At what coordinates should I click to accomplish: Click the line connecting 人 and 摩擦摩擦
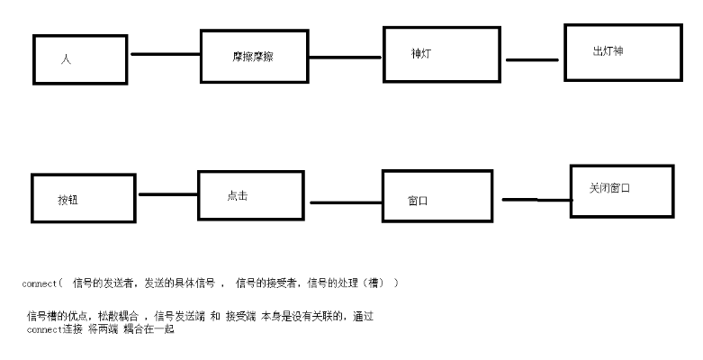click(166, 54)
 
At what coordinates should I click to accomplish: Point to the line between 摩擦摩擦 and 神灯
click(346, 58)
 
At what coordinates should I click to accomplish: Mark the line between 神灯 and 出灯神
click(532, 59)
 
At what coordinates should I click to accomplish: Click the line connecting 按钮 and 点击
click(168, 194)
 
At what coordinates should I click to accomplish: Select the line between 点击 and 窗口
click(347, 202)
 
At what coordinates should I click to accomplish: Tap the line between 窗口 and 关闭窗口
click(537, 200)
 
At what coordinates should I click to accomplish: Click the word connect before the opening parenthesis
click(40, 283)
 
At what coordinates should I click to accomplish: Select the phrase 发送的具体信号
click(179, 283)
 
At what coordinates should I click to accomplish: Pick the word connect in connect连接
click(44, 330)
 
